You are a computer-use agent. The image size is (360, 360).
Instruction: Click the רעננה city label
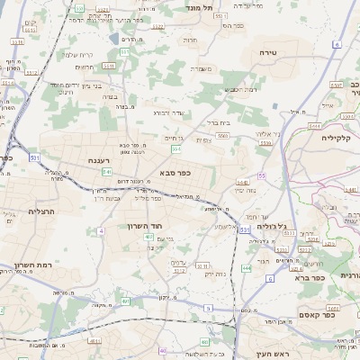[99, 160]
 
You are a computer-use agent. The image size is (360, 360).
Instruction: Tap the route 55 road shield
[262, 176]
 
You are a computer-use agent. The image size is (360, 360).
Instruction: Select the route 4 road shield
[101, 231]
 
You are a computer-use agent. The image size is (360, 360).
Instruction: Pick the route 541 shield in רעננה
[106, 171]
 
